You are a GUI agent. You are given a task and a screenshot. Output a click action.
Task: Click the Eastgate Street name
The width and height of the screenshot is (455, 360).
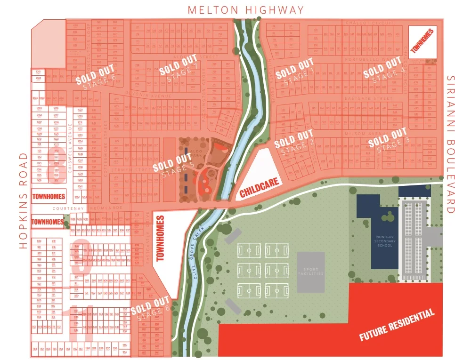click(x=375, y=98)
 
